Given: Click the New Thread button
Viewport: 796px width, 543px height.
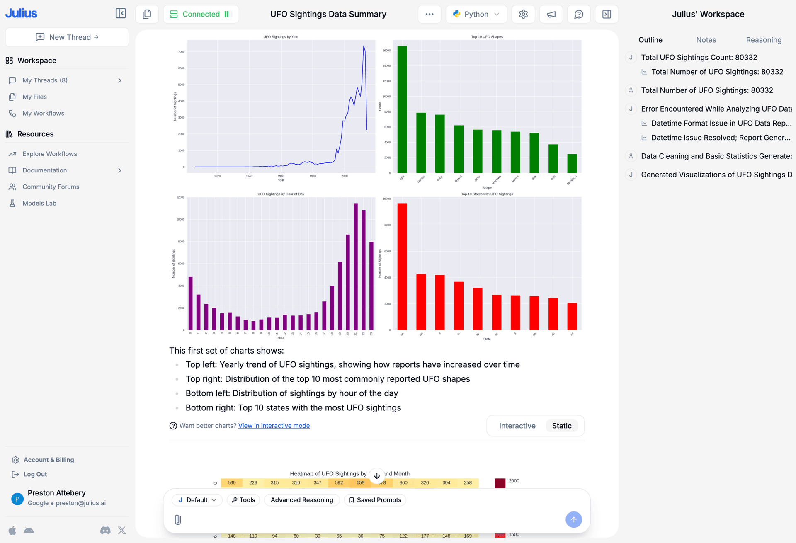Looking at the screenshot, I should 67,37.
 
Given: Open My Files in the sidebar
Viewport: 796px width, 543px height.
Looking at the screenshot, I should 34,97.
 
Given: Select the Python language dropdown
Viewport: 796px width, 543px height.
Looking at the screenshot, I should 476,14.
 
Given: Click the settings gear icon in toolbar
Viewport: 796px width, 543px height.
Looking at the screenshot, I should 523,14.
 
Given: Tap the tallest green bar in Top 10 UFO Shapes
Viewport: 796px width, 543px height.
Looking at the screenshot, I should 402,110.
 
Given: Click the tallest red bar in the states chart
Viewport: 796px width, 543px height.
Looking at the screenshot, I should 402,267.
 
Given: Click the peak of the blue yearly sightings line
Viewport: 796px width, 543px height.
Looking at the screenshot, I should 364,46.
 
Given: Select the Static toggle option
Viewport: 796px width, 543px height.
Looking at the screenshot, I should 561,426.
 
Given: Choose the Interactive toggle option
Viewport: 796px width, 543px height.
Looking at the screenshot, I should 517,426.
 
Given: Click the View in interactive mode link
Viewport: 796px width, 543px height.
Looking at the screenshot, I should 274,426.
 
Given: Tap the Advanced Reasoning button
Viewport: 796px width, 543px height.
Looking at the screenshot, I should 301,500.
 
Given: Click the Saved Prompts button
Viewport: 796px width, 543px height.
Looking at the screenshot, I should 375,500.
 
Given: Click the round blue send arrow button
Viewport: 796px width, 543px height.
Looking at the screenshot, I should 573,519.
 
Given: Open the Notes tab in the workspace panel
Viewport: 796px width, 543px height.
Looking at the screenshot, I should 706,40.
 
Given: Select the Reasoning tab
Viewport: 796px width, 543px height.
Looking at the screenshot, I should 763,40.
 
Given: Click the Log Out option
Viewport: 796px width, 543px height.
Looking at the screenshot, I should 35,474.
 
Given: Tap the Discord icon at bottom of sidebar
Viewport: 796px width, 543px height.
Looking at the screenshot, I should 105,530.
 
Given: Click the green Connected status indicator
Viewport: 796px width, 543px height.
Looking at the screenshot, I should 201,14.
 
